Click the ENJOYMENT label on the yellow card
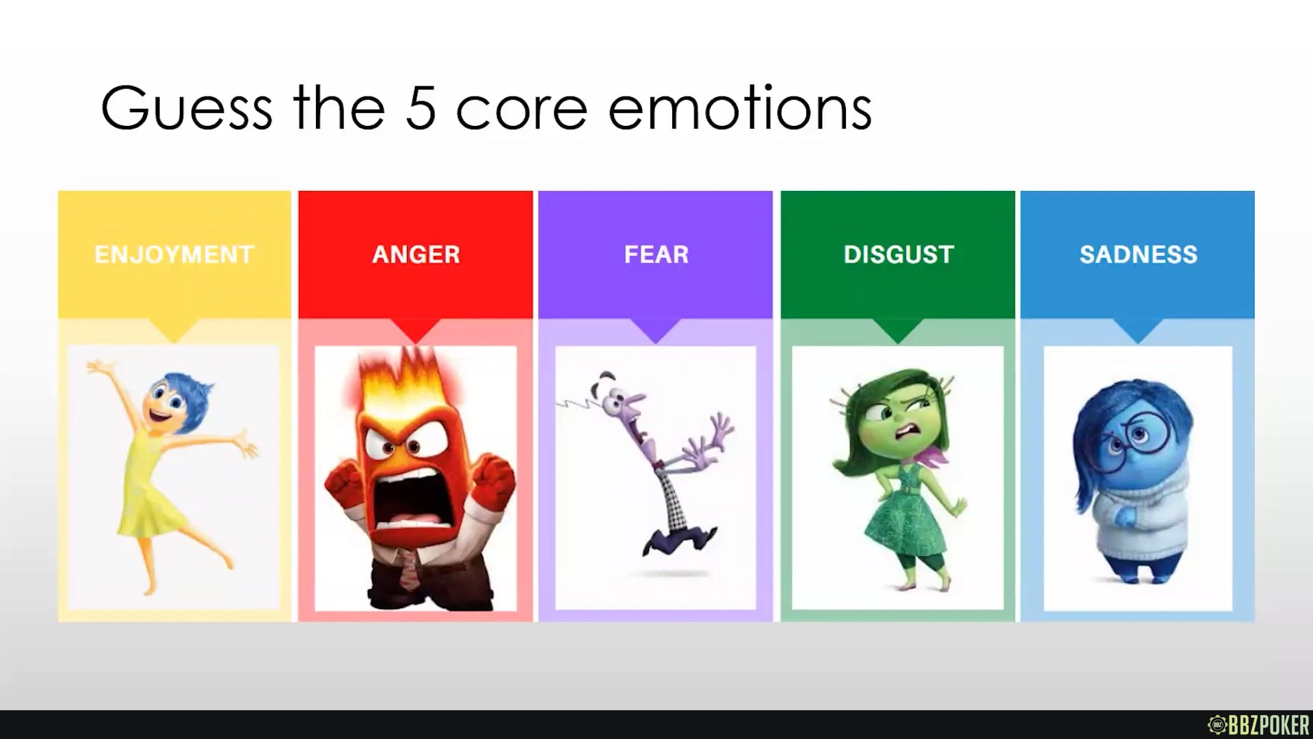click(x=174, y=255)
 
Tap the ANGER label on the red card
click(x=416, y=255)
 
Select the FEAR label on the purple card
click(x=656, y=255)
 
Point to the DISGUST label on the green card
click(x=898, y=255)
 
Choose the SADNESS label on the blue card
click(x=1138, y=255)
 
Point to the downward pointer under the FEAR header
click(x=656, y=331)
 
